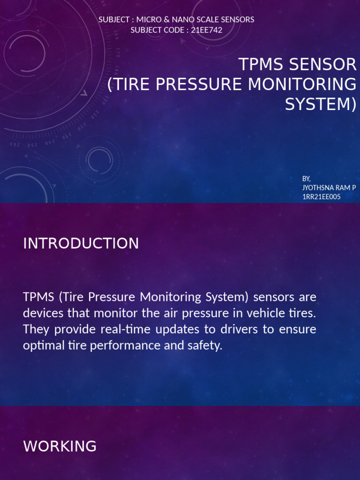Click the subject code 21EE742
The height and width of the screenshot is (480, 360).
pyautogui.click(x=207, y=30)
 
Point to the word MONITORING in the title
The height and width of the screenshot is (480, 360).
pyautogui.click(x=302, y=84)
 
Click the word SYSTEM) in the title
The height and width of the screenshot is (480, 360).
pyautogui.click(x=321, y=104)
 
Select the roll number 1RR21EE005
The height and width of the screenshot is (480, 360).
pyautogui.click(x=322, y=197)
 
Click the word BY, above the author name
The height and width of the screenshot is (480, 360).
pyautogui.click(x=307, y=179)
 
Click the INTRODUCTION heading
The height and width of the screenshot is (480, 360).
pyautogui.click(x=81, y=244)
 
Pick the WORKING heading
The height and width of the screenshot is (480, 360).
pyautogui.click(x=60, y=446)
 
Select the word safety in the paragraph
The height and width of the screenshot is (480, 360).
pyautogui.click(x=204, y=346)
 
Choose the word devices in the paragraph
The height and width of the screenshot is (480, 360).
pyautogui.click(x=41, y=313)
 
